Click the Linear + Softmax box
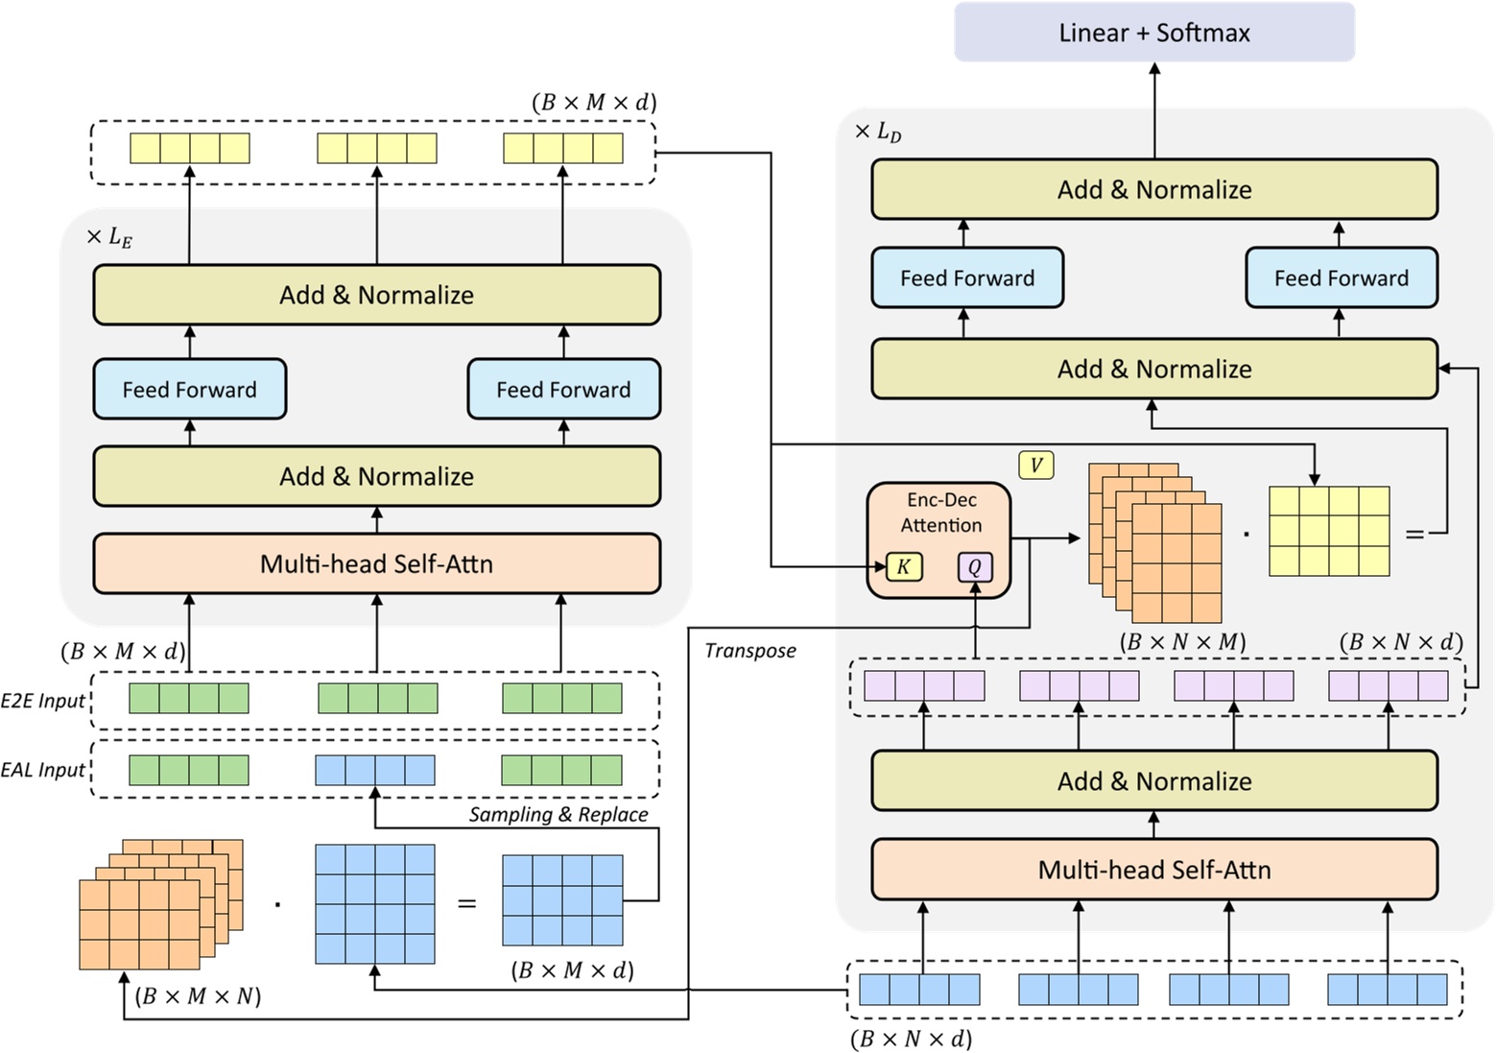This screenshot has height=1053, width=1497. click(1153, 33)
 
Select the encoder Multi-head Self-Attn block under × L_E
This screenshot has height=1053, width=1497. click(376, 563)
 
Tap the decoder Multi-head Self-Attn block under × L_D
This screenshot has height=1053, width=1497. click(1153, 870)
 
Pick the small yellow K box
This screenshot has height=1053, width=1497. click(903, 567)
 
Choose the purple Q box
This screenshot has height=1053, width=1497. click(975, 567)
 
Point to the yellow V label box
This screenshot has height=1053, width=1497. click(1035, 466)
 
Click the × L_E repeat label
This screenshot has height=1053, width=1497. click(108, 237)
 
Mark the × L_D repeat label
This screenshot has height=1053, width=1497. click(877, 132)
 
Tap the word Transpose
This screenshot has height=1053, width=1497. click(749, 651)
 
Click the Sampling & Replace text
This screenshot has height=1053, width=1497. click(558, 815)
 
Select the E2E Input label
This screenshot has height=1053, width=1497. click(43, 701)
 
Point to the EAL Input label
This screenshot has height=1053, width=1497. click(43, 770)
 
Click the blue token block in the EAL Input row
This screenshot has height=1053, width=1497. click(375, 770)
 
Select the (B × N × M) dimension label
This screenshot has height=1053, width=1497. click(1182, 642)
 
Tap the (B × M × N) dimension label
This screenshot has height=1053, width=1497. click(198, 996)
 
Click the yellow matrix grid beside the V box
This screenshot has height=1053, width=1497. click(1329, 531)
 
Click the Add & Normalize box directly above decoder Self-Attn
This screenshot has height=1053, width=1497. click(1153, 781)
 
